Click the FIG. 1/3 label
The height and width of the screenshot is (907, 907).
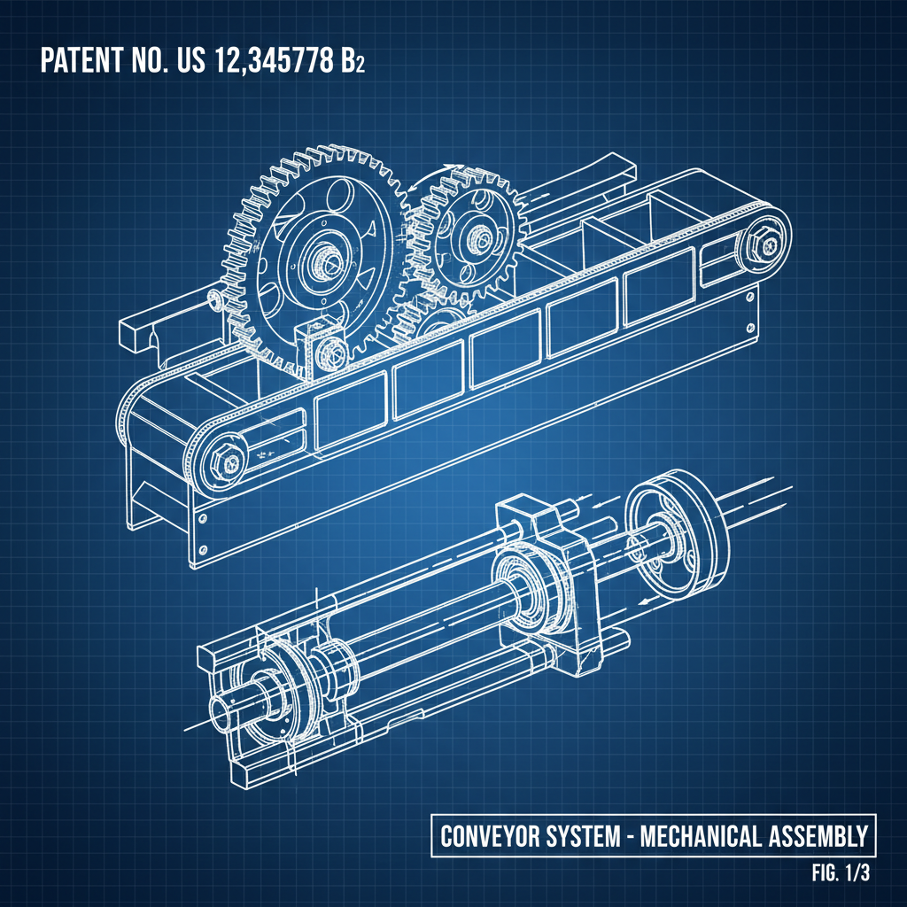pos(841,872)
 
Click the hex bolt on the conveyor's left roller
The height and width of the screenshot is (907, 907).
pos(222,459)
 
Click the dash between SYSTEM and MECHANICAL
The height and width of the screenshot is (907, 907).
pos(632,835)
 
